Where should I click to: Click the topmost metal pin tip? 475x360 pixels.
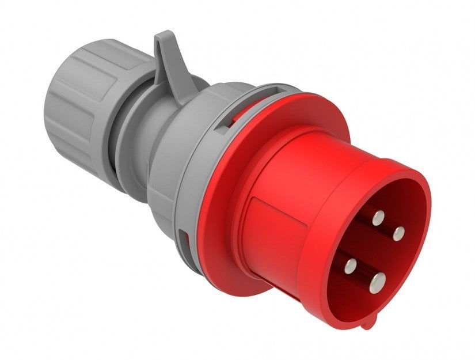click(x=378, y=218)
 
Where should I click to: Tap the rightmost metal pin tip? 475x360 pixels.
click(x=398, y=233)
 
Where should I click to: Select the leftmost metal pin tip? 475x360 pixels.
click(x=349, y=266)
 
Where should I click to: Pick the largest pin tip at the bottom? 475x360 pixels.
click(x=377, y=282)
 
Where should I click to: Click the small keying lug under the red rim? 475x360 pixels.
click(x=366, y=323)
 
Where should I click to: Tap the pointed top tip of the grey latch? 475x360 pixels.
click(x=163, y=35)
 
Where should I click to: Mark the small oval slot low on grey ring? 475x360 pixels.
click(x=183, y=238)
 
